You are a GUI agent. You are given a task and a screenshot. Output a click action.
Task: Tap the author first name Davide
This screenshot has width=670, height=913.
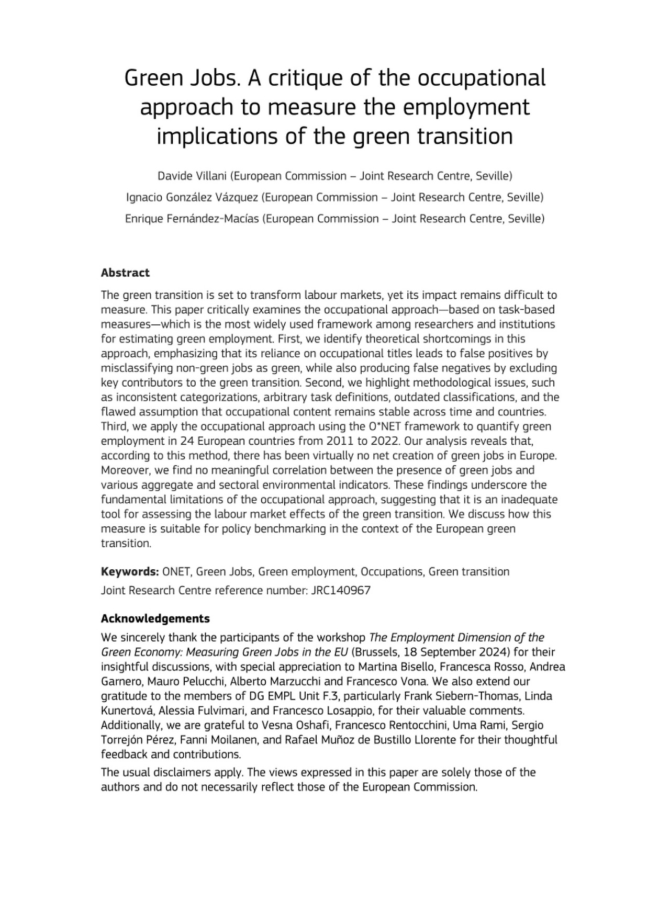click(x=175, y=176)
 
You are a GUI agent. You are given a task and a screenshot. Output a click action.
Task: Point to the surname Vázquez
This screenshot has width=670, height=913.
click(x=234, y=197)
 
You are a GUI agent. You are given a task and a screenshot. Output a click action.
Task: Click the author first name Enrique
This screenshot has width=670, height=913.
click(x=145, y=219)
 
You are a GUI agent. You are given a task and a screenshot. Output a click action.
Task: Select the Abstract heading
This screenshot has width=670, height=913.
click(x=125, y=273)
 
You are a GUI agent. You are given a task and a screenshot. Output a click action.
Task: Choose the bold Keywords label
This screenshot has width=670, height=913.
click(x=130, y=571)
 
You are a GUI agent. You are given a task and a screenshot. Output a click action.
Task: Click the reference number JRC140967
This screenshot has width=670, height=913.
click(x=341, y=591)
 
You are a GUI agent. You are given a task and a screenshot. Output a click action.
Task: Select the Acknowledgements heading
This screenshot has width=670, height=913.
click(x=155, y=618)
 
